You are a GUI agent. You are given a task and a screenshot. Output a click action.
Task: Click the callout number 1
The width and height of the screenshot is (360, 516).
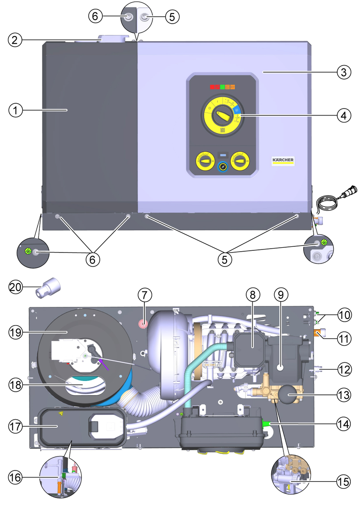pyautogui.click(x=16, y=110)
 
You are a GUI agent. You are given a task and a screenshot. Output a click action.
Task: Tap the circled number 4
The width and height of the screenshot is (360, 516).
pyautogui.click(x=343, y=116)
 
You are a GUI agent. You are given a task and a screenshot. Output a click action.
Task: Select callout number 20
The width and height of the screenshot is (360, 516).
pyautogui.click(x=16, y=287)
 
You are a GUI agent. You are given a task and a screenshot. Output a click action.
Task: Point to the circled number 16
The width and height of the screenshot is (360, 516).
pyautogui.click(x=16, y=477)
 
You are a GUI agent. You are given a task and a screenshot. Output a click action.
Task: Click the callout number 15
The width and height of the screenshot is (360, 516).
pyautogui.click(x=343, y=481)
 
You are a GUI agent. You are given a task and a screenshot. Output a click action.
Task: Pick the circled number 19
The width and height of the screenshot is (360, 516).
pyautogui.click(x=16, y=332)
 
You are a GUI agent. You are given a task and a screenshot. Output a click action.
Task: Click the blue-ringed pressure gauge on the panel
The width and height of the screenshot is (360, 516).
pyautogui.click(x=223, y=167)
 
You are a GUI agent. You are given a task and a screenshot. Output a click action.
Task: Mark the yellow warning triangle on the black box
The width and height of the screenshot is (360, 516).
pyautogui.click(x=61, y=413)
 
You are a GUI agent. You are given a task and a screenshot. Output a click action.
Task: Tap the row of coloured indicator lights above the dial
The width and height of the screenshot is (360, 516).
pyautogui.click(x=224, y=87)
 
